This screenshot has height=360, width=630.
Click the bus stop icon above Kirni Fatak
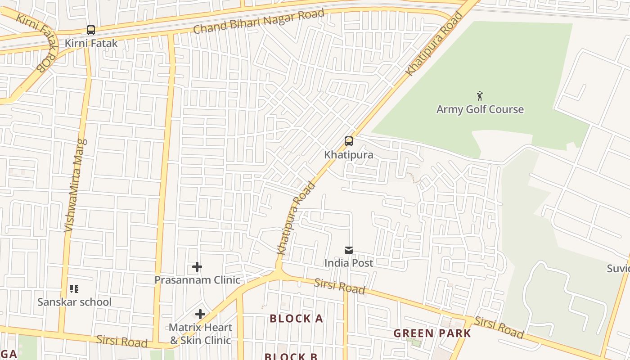[91, 30]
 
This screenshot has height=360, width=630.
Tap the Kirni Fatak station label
[91, 43]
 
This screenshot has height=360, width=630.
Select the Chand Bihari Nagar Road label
[259, 21]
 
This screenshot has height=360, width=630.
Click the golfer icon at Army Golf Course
[480, 96]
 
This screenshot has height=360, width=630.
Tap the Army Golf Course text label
[480, 109]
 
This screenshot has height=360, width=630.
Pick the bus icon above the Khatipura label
[349, 141]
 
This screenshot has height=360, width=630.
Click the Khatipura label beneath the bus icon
[349, 155]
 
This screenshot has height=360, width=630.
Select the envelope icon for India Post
[349, 250]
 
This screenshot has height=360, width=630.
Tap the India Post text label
[349, 263]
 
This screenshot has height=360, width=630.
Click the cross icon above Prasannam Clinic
[197, 267]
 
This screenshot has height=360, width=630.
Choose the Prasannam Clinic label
[197, 280]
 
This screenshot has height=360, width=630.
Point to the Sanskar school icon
[74, 289]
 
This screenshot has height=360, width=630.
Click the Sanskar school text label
[74, 302]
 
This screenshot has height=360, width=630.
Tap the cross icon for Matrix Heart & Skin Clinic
[200, 314]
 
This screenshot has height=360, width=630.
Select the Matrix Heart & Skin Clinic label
[200, 334]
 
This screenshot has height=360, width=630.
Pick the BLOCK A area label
[296, 319]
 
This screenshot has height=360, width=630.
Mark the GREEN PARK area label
[432, 333]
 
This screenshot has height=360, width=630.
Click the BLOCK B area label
[291, 356]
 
